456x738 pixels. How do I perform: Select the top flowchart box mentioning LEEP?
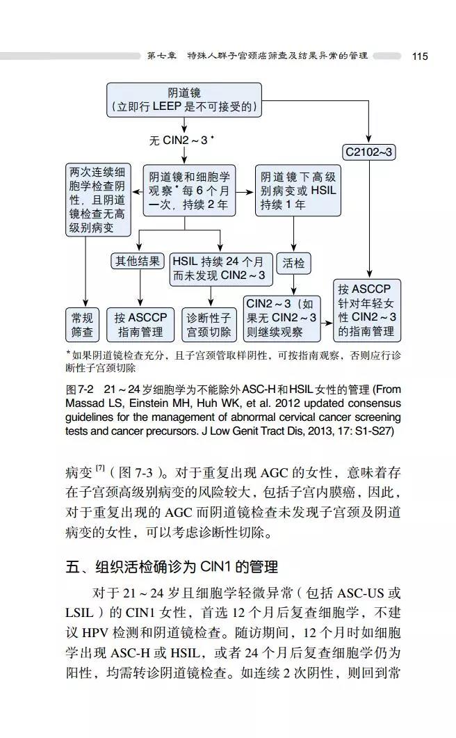click(184, 99)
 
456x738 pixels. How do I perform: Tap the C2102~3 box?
click(369, 152)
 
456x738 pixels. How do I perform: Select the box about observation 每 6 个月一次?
click(188, 190)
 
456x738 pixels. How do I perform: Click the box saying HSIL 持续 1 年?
click(298, 190)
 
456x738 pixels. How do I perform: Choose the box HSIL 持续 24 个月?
click(218, 268)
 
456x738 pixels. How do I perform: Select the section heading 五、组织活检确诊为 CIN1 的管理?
click(172, 566)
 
